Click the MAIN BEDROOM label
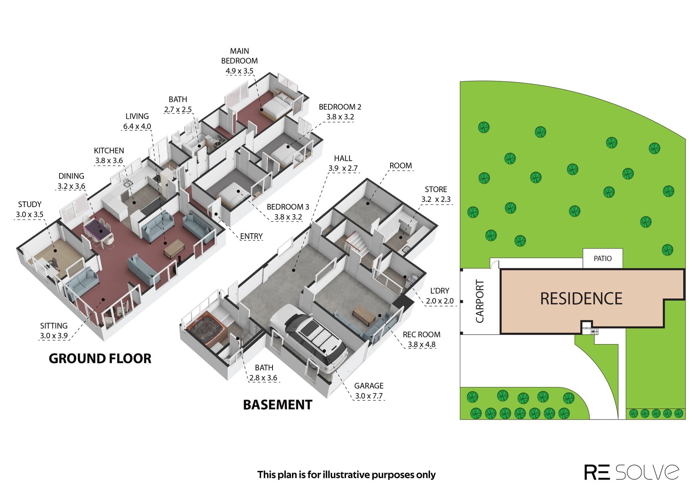(x=239, y=56)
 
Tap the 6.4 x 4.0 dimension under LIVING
(x=137, y=126)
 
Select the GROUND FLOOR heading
(x=100, y=359)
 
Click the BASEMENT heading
(x=278, y=405)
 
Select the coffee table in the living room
(x=174, y=248)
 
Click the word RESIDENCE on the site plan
(x=581, y=299)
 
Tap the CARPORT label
(x=480, y=301)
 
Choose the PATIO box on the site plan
(x=603, y=258)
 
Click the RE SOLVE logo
(x=631, y=472)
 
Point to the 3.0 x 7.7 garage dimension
(x=369, y=396)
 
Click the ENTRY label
(x=251, y=236)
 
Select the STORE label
(x=436, y=189)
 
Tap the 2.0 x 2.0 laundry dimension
(x=440, y=301)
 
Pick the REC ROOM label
(x=422, y=334)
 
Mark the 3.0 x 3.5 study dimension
(x=30, y=214)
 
